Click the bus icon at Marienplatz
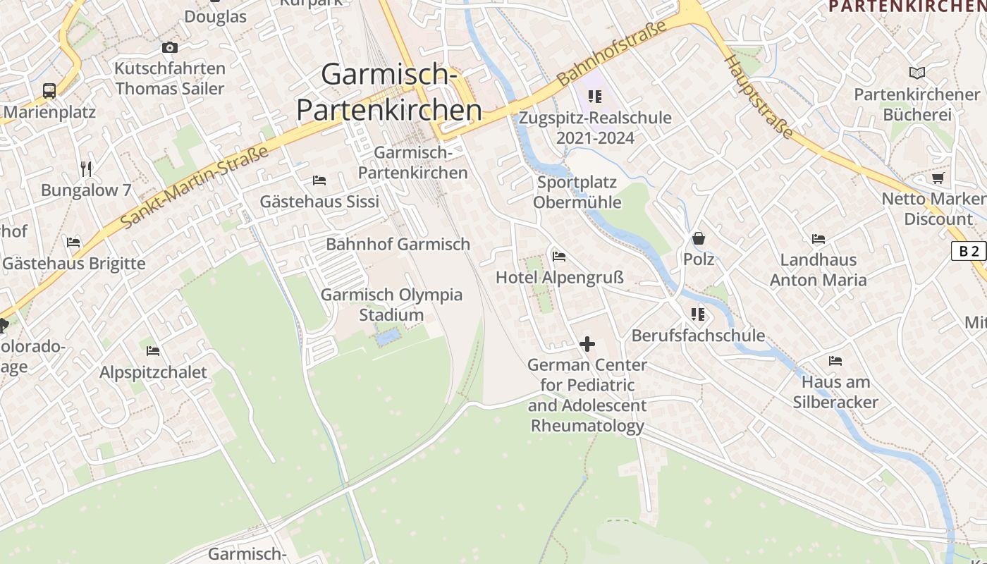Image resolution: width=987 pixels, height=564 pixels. tap(49, 90)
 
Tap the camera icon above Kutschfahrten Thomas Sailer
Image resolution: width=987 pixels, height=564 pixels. tap(169, 48)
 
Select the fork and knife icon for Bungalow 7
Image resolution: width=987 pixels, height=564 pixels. tap(86, 168)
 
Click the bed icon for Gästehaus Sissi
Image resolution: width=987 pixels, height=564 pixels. tap(319, 180)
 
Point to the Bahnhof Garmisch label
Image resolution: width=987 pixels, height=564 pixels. tap(398, 245)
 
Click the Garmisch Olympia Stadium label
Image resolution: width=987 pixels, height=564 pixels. tap(391, 305)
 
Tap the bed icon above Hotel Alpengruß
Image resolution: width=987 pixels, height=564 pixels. tap(559, 256)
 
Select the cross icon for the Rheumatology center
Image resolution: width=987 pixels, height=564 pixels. tap(587, 344)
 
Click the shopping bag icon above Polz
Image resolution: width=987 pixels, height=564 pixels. tap(698, 238)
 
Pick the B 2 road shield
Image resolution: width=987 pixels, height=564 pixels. tap(968, 251)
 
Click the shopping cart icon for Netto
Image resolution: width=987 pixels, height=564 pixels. tap(938, 178)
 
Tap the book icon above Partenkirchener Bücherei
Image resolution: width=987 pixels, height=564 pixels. tap(916, 73)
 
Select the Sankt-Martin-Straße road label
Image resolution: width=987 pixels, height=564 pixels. tap(195, 187)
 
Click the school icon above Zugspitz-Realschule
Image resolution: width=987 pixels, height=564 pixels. tap(594, 96)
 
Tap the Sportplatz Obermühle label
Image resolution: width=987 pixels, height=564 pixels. tap(577, 192)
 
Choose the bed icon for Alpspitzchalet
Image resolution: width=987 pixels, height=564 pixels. tap(153, 350)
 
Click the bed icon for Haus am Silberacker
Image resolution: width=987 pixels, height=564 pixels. tap(835, 361)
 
